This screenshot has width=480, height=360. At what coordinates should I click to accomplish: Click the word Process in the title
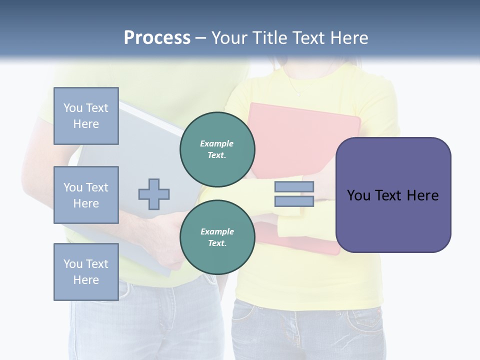(x=157, y=38)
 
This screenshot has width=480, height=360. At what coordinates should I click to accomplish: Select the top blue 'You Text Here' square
(x=86, y=116)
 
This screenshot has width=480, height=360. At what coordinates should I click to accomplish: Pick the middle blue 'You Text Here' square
(x=86, y=195)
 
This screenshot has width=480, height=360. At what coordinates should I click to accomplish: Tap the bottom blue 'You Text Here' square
(x=86, y=271)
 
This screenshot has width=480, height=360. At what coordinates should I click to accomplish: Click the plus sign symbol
(x=154, y=194)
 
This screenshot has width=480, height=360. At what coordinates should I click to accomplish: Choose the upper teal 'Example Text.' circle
(x=217, y=149)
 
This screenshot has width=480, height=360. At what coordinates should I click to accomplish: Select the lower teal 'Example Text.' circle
(x=217, y=237)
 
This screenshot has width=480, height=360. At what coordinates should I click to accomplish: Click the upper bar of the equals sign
(x=294, y=187)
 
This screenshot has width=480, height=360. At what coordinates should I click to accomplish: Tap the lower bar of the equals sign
(x=294, y=201)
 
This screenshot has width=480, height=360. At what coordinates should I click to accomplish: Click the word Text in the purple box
(x=389, y=195)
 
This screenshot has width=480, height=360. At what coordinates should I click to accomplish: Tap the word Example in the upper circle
(x=217, y=143)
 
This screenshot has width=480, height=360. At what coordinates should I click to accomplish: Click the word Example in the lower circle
(x=217, y=231)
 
